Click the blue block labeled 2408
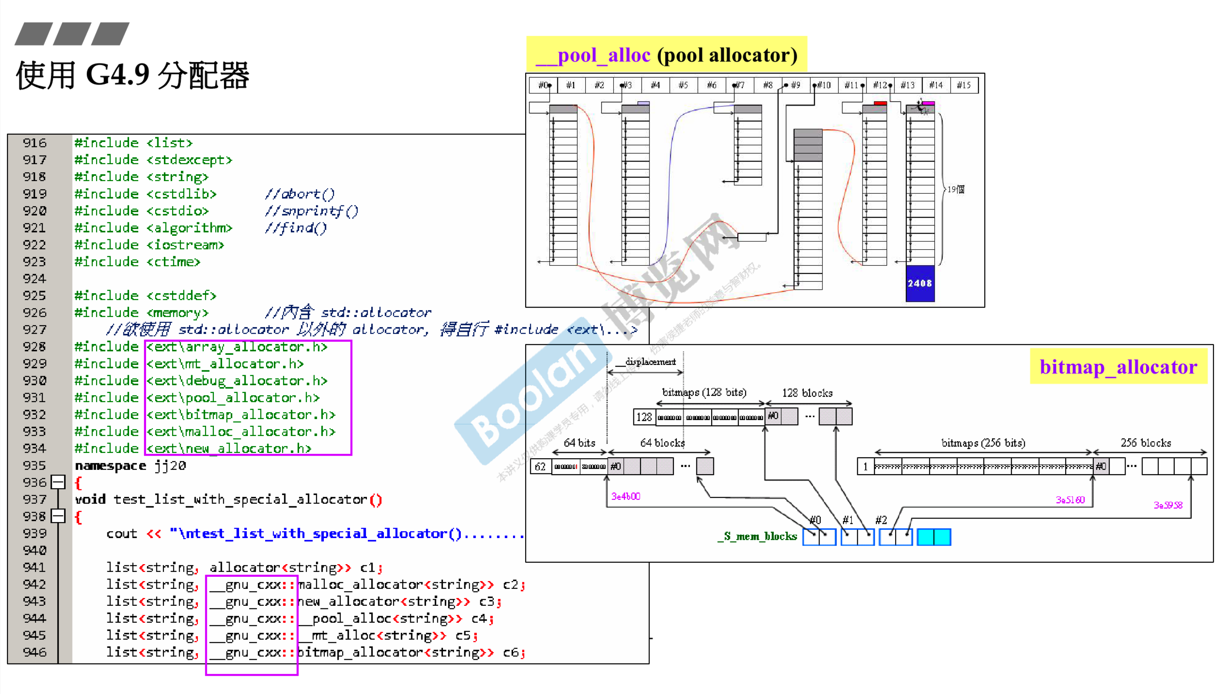click(919, 283)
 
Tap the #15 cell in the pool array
click(963, 85)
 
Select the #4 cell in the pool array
click(655, 85)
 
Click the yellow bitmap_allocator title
click(1118, 367)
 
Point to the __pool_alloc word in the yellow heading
click(593, 55)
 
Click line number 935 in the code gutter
click(34, 465)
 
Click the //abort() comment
click(300, 194)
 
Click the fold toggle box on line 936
click(58, 482)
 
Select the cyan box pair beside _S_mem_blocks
click(934, 537)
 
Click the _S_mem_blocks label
click(757, 536)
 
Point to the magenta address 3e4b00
click(626, 496)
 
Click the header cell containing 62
click(540, 466)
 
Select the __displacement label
click(647, 362)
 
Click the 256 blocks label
click(1145, 443)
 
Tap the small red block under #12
click(880, 103)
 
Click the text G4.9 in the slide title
click(117, 75)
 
